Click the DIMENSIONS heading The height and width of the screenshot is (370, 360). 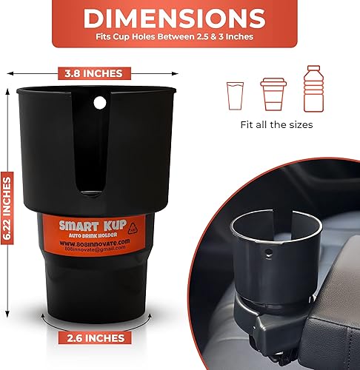click(x=180, y=18)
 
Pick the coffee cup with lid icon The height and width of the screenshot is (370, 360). click(x=272, y=92)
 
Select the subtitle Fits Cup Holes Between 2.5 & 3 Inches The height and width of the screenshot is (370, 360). click(x=180, y=36)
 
